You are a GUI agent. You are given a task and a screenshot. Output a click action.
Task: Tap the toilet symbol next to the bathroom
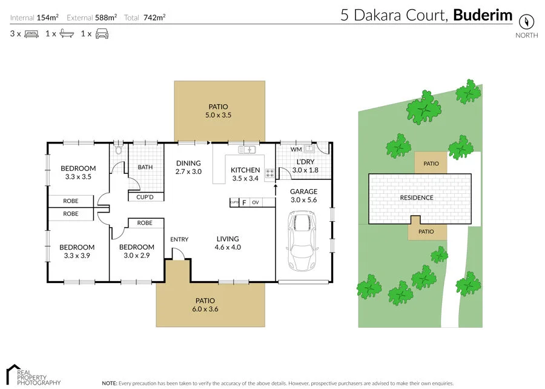tap(119, 149)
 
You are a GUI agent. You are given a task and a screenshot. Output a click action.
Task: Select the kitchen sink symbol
tap(248, 149)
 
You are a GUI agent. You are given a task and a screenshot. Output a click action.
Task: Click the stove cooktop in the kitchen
tap(269, 173)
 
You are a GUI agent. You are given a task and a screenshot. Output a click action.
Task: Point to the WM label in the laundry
tap(296, 149)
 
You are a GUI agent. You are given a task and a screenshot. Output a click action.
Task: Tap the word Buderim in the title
tap(483, 15)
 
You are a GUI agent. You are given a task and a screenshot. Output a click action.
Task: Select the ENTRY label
tap(179, 239)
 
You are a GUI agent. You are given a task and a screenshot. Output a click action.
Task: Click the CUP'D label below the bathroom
tap(145, 197)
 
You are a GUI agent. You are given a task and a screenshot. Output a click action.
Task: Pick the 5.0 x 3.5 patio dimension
tap(219, 115)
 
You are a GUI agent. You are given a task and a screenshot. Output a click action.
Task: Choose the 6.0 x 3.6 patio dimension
tap(205, 309)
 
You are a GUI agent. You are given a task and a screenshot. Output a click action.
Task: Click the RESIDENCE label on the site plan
tap(417, 198)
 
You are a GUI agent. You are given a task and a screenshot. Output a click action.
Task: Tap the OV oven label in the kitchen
tap(256, 202)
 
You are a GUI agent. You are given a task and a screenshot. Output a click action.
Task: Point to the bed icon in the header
tap(31, 34)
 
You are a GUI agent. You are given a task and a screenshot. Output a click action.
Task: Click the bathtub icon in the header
tap(67, 34)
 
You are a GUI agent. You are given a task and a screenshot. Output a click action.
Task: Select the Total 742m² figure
tap(145, 18)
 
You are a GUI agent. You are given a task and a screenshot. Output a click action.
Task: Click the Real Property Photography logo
tap(33, 375)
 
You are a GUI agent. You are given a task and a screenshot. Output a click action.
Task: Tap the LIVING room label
tap(228, 239)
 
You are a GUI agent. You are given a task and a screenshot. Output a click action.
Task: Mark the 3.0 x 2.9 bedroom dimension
tap(136, 256)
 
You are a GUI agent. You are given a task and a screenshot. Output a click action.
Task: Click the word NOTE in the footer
tap(109, 383)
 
